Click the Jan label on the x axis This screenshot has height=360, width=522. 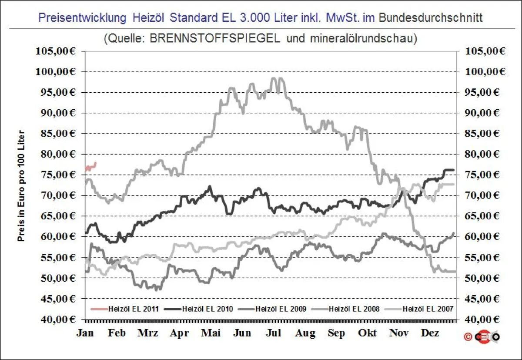pyautogui.click(x=85, y=333)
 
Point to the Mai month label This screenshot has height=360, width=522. pyautogui.click(x=211, y=333)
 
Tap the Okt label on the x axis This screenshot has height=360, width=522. pyautogui.click(x=368, y=333)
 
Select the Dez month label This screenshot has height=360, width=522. pyautogui.click(x=430, y=333)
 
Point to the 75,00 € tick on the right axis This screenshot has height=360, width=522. pyautogui.click(x=485, y=175)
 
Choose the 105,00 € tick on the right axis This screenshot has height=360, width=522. pyautogui.click(x=485, y=51)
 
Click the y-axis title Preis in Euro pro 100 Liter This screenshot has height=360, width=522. pyautogui.click(x=21, y=185)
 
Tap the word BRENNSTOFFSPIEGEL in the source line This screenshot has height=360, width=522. pyautogui.click(x=215, y=38)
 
